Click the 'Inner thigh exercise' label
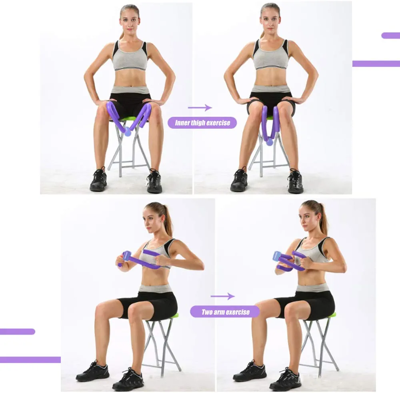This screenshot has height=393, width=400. tap(202, 123)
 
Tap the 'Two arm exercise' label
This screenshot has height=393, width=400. tap(225, 312)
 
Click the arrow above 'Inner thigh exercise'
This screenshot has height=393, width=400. tap(200, 108)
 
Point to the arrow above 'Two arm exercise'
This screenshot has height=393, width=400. tap(223, 296)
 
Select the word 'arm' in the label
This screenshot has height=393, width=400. tap(219, 312)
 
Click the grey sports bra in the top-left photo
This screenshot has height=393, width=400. tap(130, 57)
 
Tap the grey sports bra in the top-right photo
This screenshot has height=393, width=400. tap(270, 55)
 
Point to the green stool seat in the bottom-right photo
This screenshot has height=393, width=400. tap(331, 315)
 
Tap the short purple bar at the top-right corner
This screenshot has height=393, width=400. tap(390, 36)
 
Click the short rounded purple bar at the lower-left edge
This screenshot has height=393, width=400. tap(17, 331)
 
